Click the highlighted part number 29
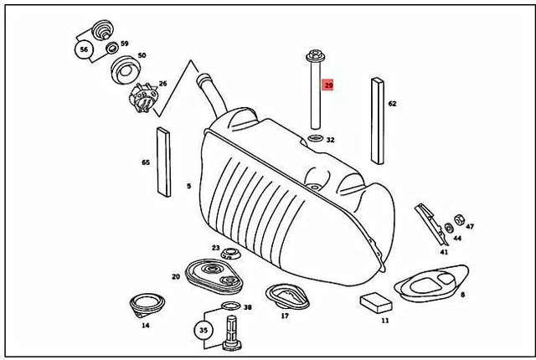pyautogui.click(x=329, y=86)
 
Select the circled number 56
pyautogui.click(x=84, y=49)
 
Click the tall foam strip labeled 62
pyautogui.click(x=377, y=120)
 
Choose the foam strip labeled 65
pyautogui.click(x=162, y=161)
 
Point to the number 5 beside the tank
pyautogui.click(x=188, y=186)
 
